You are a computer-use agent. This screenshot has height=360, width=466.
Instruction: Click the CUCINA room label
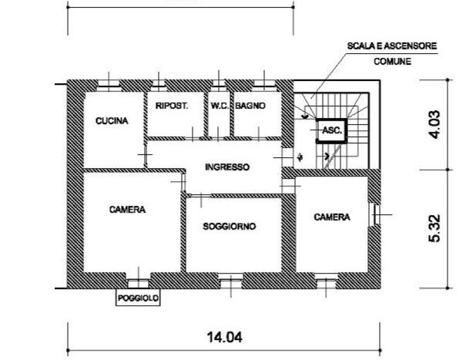click(112, 121)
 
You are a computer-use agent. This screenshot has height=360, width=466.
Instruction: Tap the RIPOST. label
click(172, 106)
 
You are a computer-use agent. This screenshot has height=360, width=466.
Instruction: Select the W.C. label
click(220, 106)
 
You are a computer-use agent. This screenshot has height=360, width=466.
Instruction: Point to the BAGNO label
click(250, 106)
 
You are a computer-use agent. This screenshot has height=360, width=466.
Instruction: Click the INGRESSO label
click(227, 167)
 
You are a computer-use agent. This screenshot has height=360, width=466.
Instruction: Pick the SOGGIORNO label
click(229, 227)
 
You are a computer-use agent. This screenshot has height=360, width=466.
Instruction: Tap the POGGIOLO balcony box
click(138, 298)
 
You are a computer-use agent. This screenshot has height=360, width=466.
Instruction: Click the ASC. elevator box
click(332, 131)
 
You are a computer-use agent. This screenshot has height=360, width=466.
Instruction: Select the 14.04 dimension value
click(224, 338)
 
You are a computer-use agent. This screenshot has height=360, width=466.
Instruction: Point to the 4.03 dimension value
click(434, 124)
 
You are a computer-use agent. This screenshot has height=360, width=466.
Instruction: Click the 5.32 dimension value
click(434, 228)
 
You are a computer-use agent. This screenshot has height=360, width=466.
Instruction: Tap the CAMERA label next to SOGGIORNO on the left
click(128, 210)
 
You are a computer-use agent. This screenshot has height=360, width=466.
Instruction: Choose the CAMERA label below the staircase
click(332, 217)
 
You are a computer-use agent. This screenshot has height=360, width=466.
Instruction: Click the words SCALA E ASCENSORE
click(392, 46)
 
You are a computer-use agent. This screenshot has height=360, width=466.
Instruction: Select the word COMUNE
click(393, 62)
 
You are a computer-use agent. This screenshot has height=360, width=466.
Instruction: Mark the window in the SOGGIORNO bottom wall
click(231, 281)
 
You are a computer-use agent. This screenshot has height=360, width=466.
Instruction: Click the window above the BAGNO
click(264, 86)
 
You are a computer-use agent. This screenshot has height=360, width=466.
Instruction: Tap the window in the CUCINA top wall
click(109, 86)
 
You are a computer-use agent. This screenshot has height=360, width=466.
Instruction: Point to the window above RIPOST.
click(159, 86)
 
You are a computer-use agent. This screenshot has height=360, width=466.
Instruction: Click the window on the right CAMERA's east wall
click(375, 214)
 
